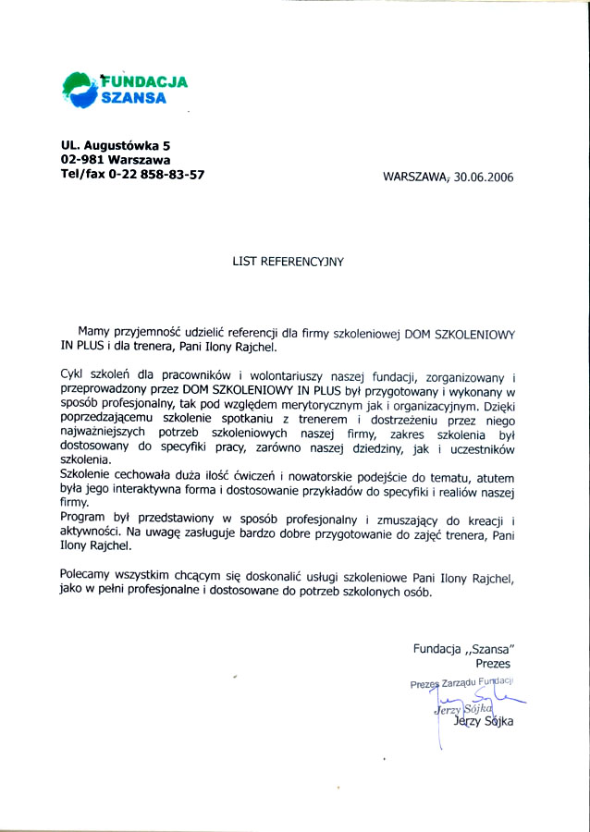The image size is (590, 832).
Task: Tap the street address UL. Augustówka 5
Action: point(116,145)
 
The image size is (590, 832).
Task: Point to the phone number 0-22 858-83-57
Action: point(156,174)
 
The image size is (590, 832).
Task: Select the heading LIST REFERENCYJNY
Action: point(288,262)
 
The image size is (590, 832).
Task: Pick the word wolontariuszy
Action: point(289,376)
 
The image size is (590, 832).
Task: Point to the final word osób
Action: point(415,591)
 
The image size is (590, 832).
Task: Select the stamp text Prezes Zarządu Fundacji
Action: point(461,683)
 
